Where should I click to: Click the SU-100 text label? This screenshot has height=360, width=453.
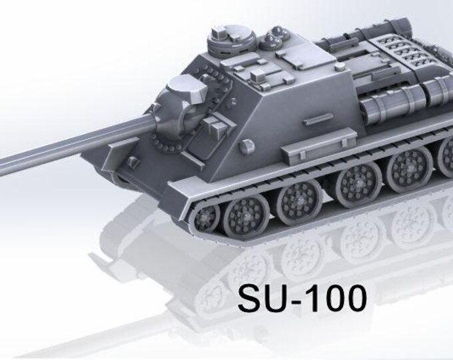[x=302, y=298]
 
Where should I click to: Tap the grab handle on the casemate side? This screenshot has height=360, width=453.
[x=318, y=119]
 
